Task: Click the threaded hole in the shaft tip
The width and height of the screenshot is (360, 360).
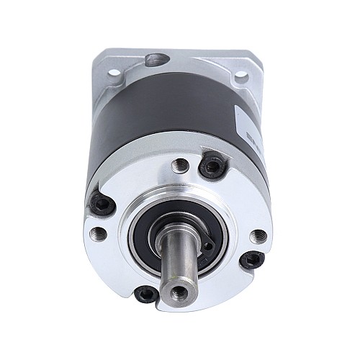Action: click(178, 293)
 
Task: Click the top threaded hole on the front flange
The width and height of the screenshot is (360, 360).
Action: click(181, 166)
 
